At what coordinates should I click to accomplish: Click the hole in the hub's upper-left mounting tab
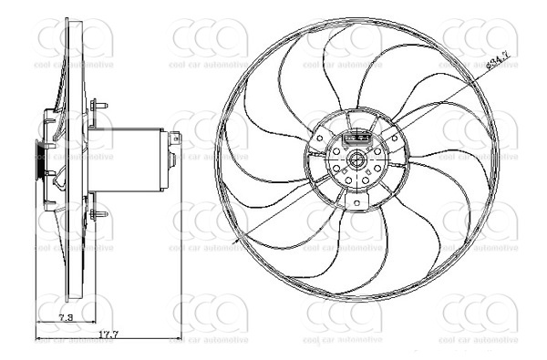(x=321, y=139)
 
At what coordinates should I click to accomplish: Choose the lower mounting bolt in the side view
(x=98, y=216)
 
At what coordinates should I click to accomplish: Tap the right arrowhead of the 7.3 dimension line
(x=87, y=324)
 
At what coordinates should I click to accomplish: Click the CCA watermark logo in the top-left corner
(x=75, y=40)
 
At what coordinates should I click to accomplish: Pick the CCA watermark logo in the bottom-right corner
(x=479, y=314)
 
